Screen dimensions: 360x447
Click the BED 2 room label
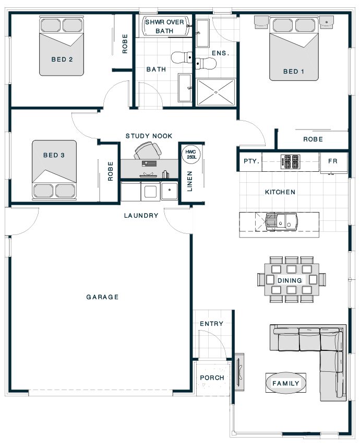click(x=62, y=60)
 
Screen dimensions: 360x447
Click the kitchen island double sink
click(x=281, y=221)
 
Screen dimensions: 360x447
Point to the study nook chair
click(x=148, y=150)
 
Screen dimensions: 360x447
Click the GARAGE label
click(x=102, y=297)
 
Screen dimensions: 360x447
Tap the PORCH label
click(x=212, y=378)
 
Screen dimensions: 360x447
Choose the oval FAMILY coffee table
click(x=286, y=383)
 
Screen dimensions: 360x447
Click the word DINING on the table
click(x=290, y=280)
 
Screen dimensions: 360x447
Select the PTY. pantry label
click(x=251, y=161)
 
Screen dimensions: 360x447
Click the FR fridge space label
click(x=333, y=161)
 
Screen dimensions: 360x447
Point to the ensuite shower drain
click(x=216, y=92)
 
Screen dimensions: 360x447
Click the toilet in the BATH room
click(x=182, y=57)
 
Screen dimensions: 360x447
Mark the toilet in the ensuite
click(x=206, y=63)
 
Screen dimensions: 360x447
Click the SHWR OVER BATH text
click(x=164, y=26)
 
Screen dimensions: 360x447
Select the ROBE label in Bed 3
click(x=111, y=171)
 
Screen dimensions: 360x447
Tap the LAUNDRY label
click(x=141, y=216)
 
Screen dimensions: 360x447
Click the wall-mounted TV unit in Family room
click(x=239, y=372)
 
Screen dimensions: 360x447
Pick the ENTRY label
click(x=211, y=324)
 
